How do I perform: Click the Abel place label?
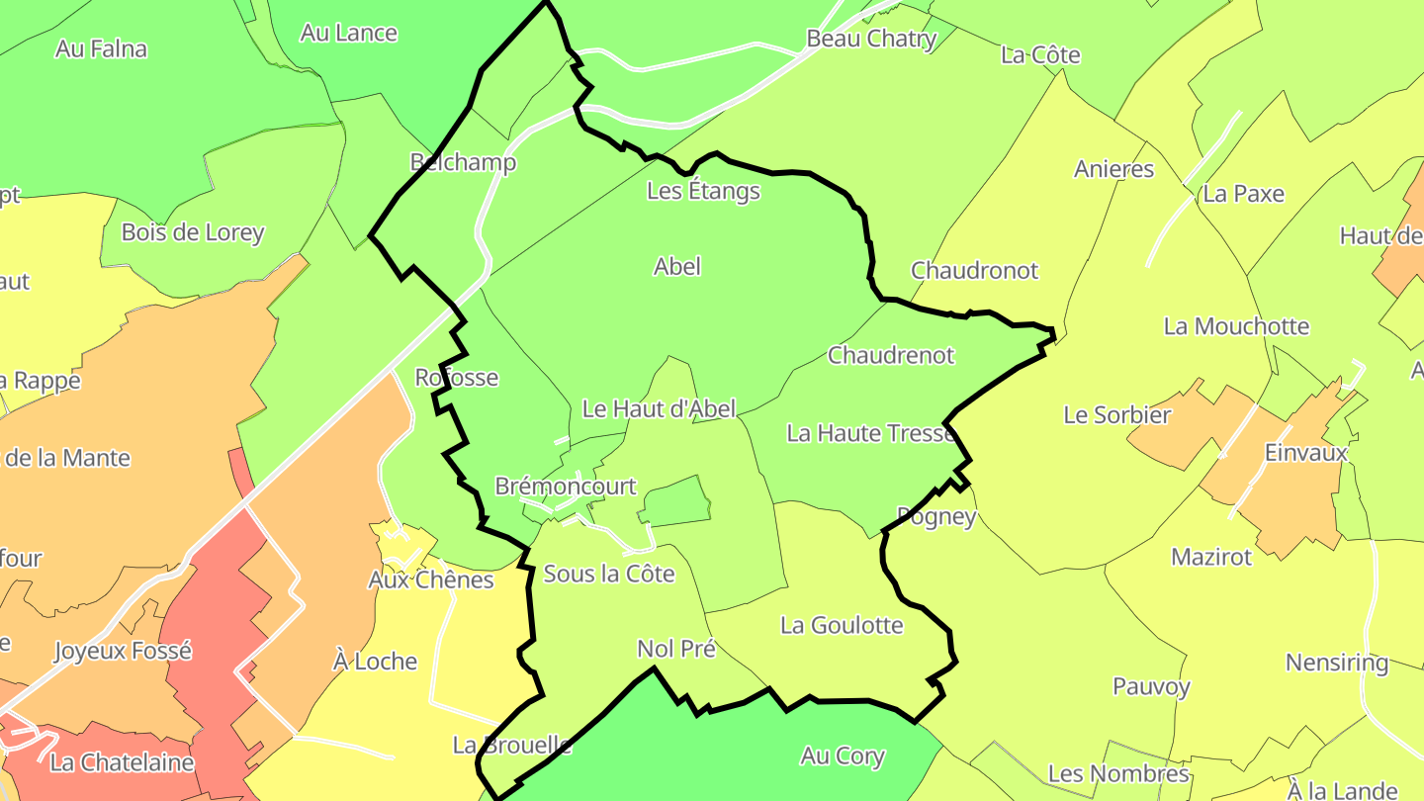tap(677, 266)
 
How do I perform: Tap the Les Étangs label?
tap(703, 191)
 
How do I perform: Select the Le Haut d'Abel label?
tap(659, 408)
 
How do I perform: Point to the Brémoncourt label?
tap(566, 487)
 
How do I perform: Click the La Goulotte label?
tap(842, 625)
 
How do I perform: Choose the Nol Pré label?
tap(676, 649)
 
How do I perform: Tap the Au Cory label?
tap(843, 756)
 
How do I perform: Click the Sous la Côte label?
tap(609, 574)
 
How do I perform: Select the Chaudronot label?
tap(974, 271)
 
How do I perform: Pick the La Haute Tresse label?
tap(870, 433)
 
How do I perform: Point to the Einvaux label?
tap(1306, 453)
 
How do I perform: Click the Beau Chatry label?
tap(871, 39)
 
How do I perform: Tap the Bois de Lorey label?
tap(193, 232)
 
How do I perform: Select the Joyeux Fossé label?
tap(123, 651)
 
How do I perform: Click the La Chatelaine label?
tap(122, 762)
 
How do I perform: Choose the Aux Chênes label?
tap(430, 579)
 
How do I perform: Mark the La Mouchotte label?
tap(1236, 326)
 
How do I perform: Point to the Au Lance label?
tap(348, 33)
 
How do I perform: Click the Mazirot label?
tap(1211, 557)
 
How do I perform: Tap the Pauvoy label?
tap(1151, 686)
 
